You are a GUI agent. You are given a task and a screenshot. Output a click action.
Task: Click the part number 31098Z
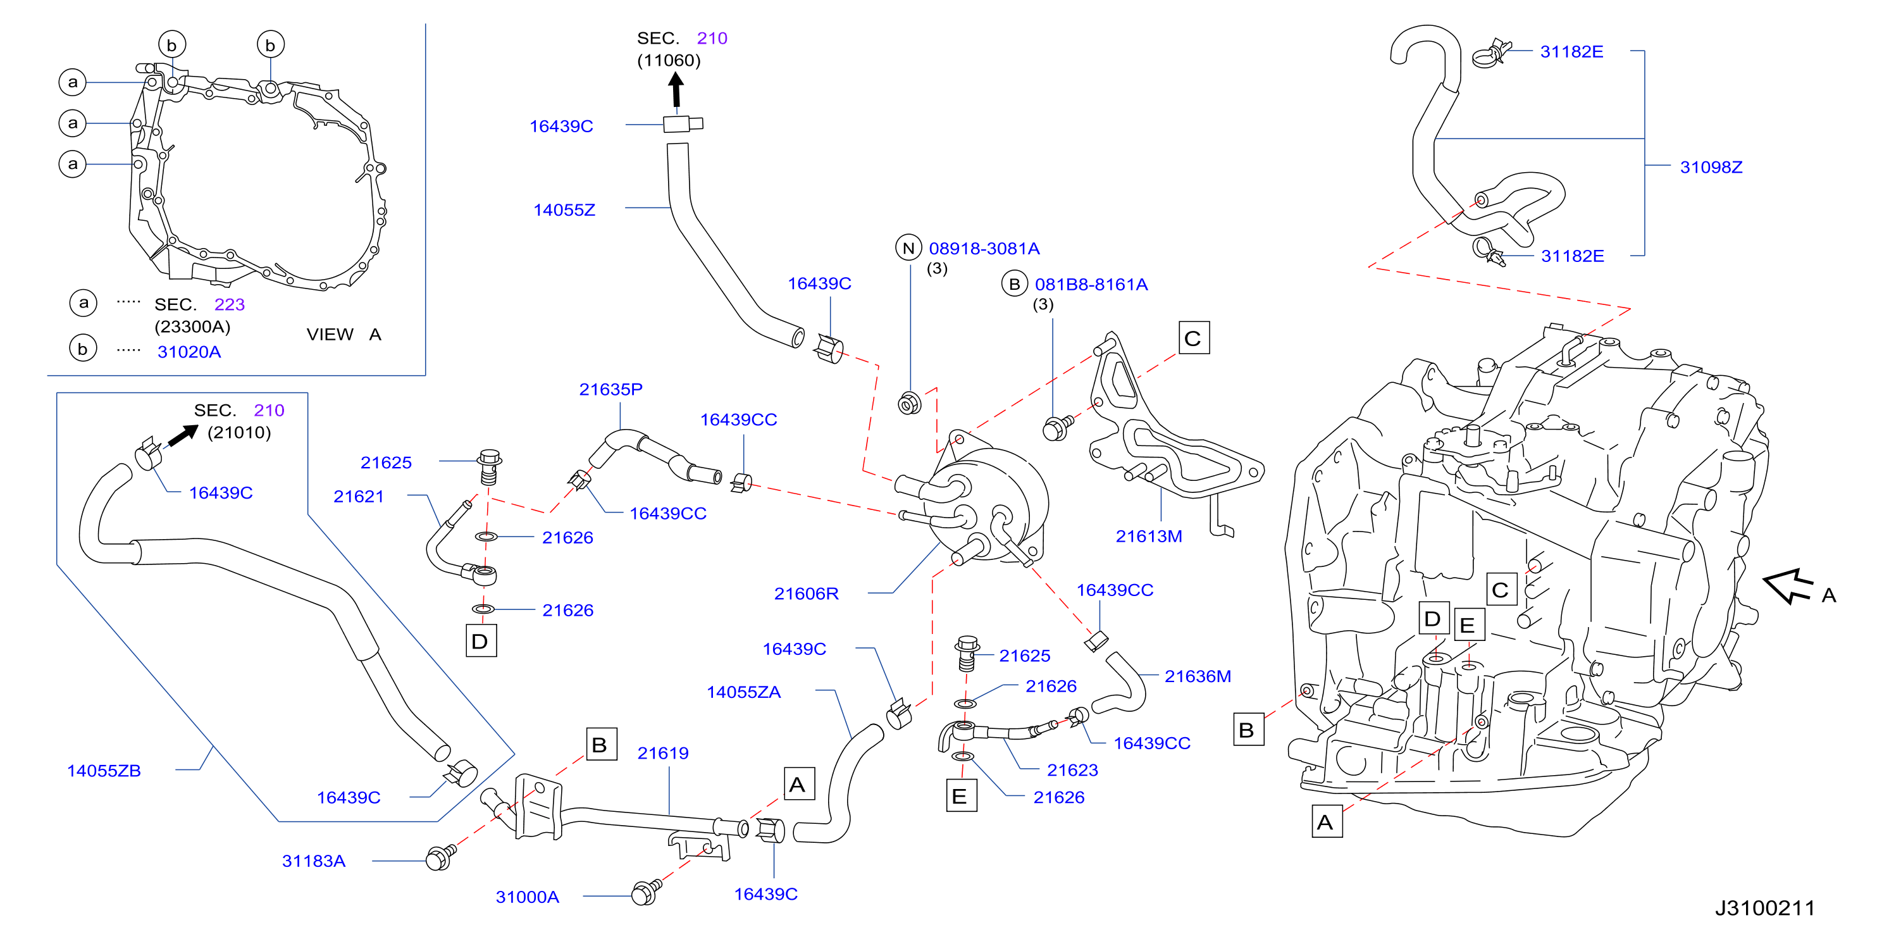click(x=1711, y=167)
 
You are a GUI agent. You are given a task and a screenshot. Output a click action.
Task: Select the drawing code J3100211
click(x=1764, y=908)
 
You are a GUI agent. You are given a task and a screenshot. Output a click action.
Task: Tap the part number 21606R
click(x=806, y=594)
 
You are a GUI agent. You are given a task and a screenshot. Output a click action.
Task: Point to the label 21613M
click(x=1148, y=537)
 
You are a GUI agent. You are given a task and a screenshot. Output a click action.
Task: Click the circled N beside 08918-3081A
click(x=908, y=248)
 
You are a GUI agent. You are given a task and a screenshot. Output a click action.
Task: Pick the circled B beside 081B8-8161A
click(x=1014, y=284)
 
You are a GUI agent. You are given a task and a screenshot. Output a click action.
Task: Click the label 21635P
click(x=611, y=390)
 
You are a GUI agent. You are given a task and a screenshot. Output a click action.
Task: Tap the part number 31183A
click(x=313, y=861)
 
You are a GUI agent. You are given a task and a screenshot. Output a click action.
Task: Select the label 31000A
click(x=527, y=897)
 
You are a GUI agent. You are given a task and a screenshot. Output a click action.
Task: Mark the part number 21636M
click(x=1198, y=676)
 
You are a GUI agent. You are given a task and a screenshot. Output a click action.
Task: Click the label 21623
click(x=1072, y=770)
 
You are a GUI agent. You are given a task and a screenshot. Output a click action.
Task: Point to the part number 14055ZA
click(x=743, y=692)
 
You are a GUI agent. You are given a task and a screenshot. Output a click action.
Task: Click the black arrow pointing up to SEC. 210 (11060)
click(x=676, y=92)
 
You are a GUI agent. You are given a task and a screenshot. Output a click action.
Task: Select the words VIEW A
click(x=344, y=335)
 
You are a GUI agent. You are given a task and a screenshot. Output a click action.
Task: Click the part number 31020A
click(x=189, y=352)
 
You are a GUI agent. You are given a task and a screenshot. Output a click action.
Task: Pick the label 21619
click(x=663, y=754)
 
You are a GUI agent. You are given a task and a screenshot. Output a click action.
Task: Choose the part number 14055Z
click(x=564, y=211)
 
